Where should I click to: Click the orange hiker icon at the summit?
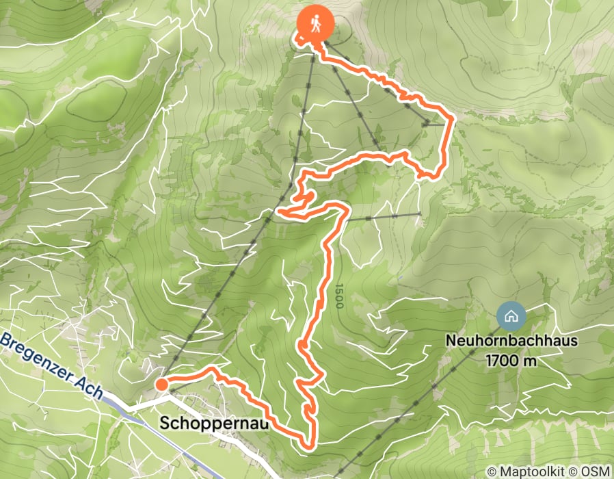point(315,22)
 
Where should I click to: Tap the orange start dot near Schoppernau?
point(161,385)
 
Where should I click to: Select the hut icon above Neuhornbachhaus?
point(510,315)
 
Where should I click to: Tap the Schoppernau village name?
point(212,424)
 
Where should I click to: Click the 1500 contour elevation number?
point(338,296)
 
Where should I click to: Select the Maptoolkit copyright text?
point(537,471)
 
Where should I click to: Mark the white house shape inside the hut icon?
point(510,315)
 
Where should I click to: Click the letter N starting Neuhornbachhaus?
point(450,339)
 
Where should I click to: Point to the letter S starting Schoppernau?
point(165,424)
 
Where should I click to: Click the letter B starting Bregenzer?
point(6,339)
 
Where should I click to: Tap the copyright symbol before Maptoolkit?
point(491,471)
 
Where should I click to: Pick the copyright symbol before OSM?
point(580,471)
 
